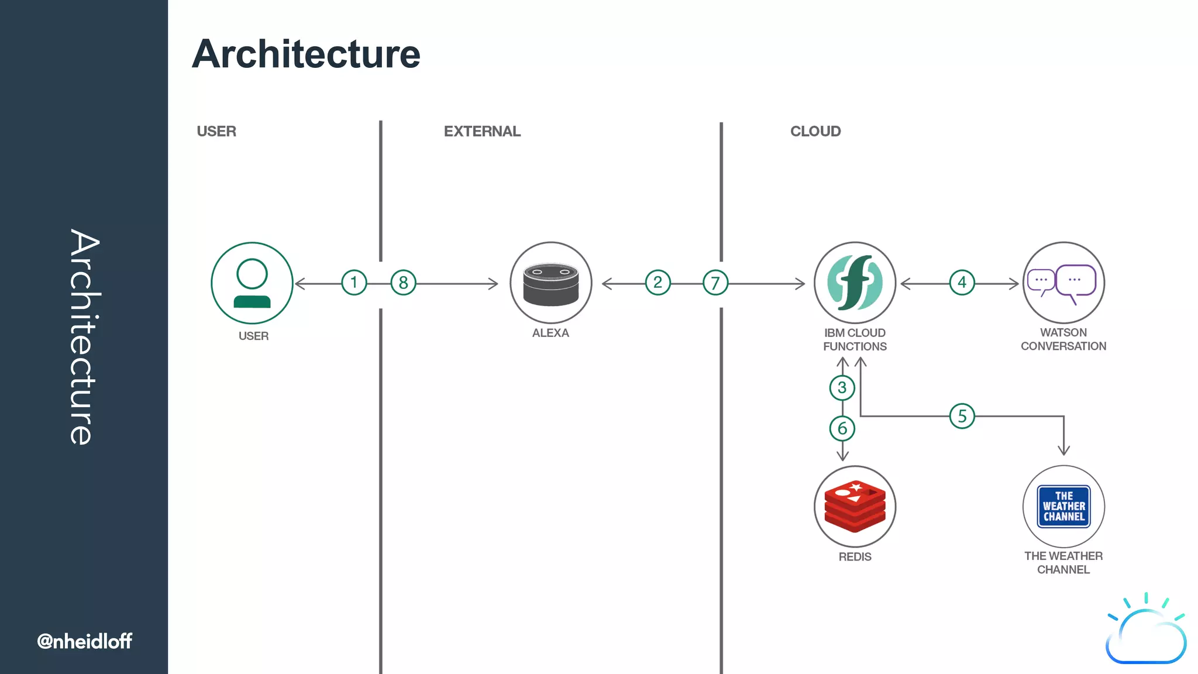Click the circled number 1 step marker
(x=354, y=283)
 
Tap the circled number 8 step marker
(x=403, y=283)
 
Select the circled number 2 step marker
(x=657, y=283)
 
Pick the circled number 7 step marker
(x=715, y=283)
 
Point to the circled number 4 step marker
(x=962, y=283)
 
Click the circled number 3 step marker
(x=842, y=388)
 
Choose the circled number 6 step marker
(x=842, y=428)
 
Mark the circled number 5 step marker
(x=962, y=417)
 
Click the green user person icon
(x=252, y=283)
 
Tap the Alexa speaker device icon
(x=550, y=284)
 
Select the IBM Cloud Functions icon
(x=855, y=283)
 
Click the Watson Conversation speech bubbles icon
(x=1063, y=283)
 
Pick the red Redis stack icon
(x=855, y=507)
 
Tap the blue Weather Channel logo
(x=1063, y=507)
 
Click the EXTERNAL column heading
(x=482, y=132)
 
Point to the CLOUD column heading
(x=815, y=132)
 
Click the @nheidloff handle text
(x=85, y=641)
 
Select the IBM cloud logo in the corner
(x=1145, y=631)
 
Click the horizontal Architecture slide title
(x=306, y=54)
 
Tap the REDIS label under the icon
(x=855, y=557)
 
